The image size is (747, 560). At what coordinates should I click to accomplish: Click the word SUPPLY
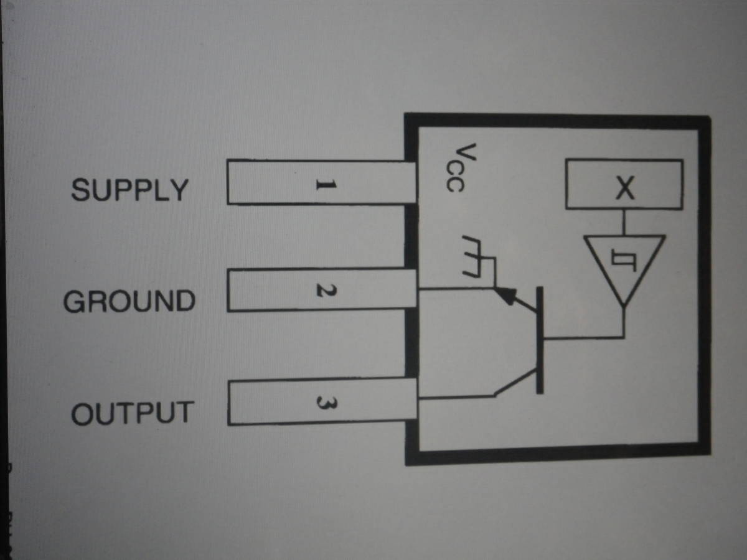click(129, 189)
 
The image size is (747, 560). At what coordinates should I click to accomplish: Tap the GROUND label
click(129, 302)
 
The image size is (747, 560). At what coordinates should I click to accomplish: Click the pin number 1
click(325, 184)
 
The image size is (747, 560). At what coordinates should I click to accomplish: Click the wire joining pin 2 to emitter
click(454, 289)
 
